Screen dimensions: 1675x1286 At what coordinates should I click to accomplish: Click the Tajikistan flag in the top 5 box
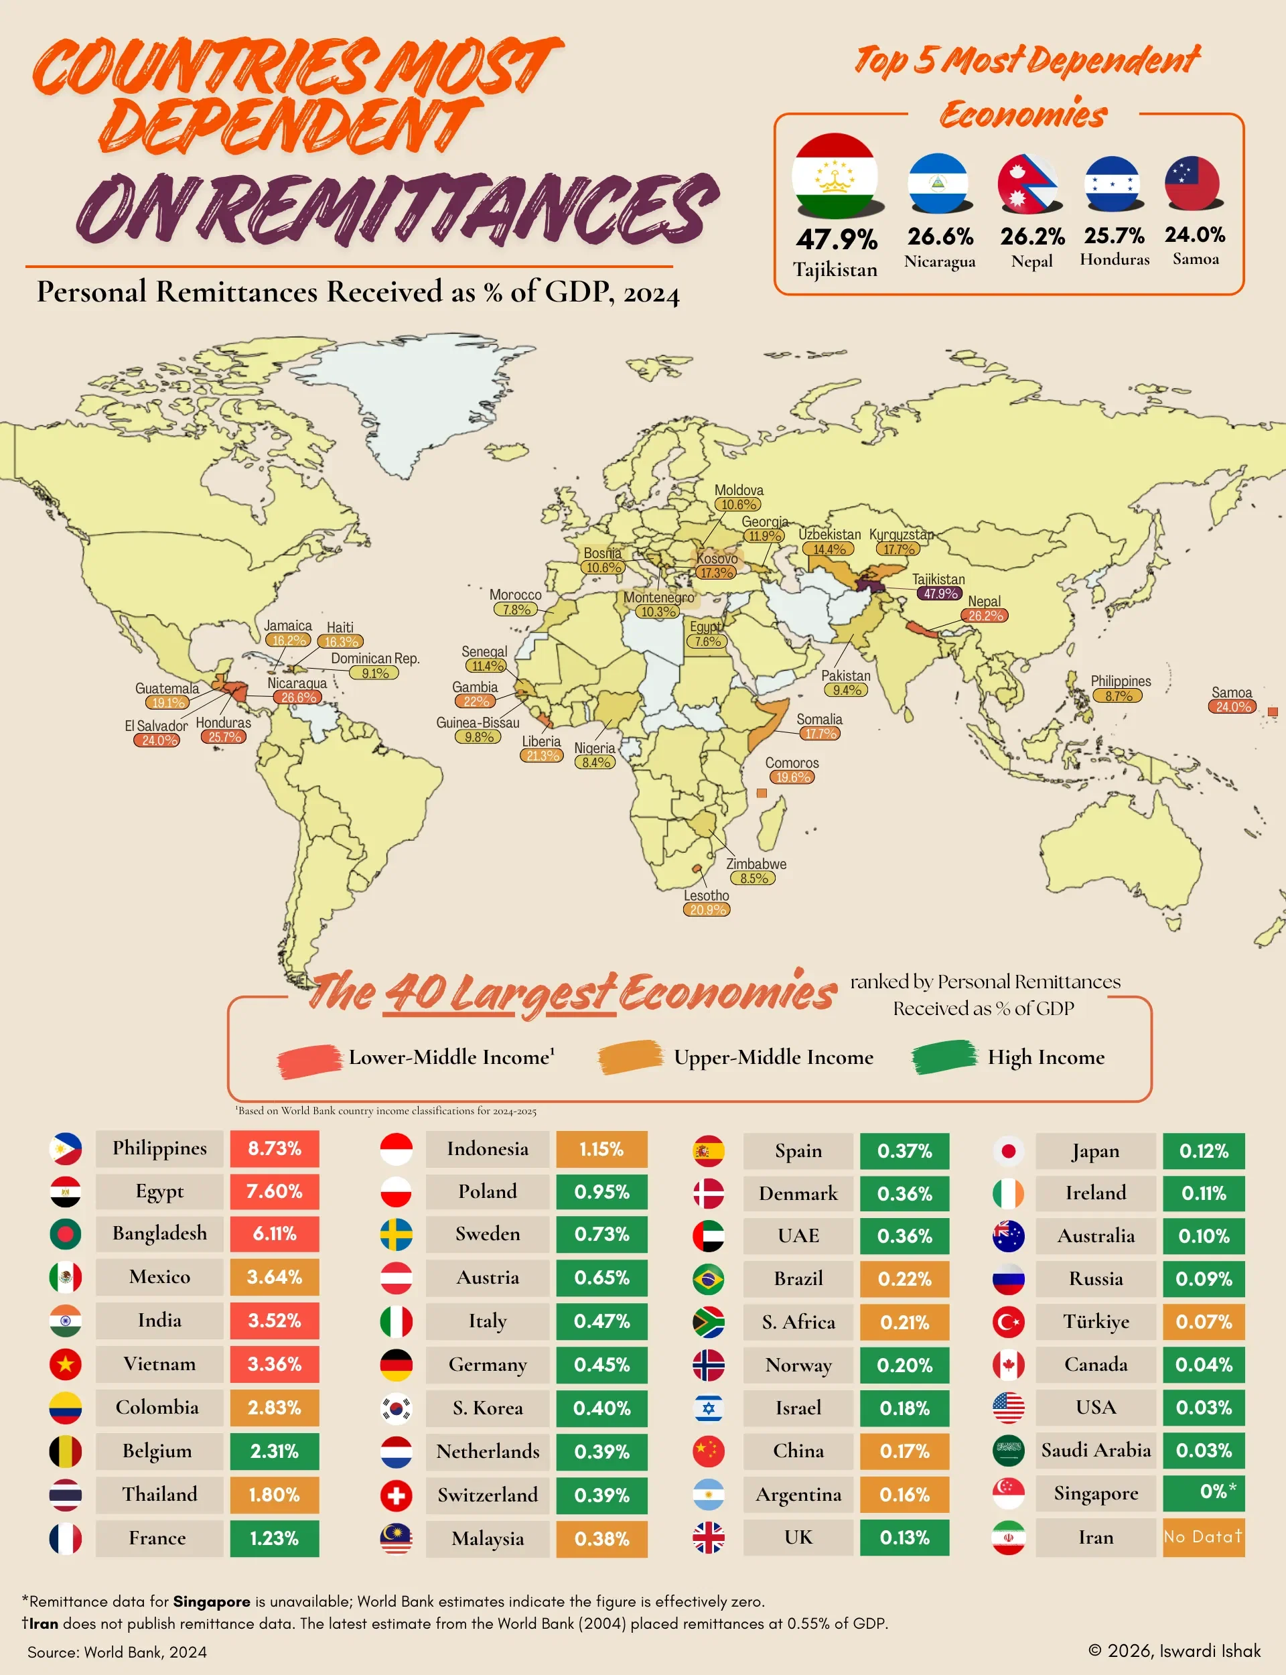(x=835, y=176)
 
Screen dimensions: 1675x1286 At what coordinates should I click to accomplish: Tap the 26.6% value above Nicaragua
(x=940, y=237)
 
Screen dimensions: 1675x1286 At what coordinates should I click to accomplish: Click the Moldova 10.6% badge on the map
(x=738, y=505)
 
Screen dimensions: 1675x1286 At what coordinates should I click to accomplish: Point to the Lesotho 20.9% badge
(x=707, y=909)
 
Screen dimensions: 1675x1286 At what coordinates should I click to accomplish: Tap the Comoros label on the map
(x=792, y=763)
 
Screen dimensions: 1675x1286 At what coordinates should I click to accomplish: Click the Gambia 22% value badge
(x=476, y=701)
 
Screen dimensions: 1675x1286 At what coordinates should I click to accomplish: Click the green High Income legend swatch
(x=944, y=1057)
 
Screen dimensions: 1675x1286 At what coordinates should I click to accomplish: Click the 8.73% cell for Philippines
(x=274, y=1148)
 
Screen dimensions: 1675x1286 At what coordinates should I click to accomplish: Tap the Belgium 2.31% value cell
(x=274, y=1451)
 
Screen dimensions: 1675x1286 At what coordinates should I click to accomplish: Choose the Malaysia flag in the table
(x=397, y=1539)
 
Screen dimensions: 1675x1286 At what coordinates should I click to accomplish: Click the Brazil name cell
(x=798, y=1278)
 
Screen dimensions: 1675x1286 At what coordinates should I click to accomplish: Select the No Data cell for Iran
(x=1202, y=1537)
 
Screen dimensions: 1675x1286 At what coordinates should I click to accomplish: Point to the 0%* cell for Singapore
(x=1202, y=1493)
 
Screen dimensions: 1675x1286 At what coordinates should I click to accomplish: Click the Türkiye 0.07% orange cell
(x=1202, y=1321)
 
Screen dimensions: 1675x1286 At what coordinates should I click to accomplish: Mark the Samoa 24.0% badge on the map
(x=1232, y=707)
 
